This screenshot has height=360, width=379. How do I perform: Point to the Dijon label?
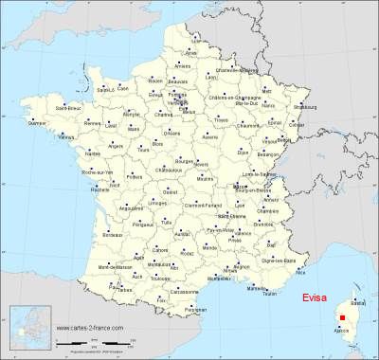(x=244, y=152)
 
